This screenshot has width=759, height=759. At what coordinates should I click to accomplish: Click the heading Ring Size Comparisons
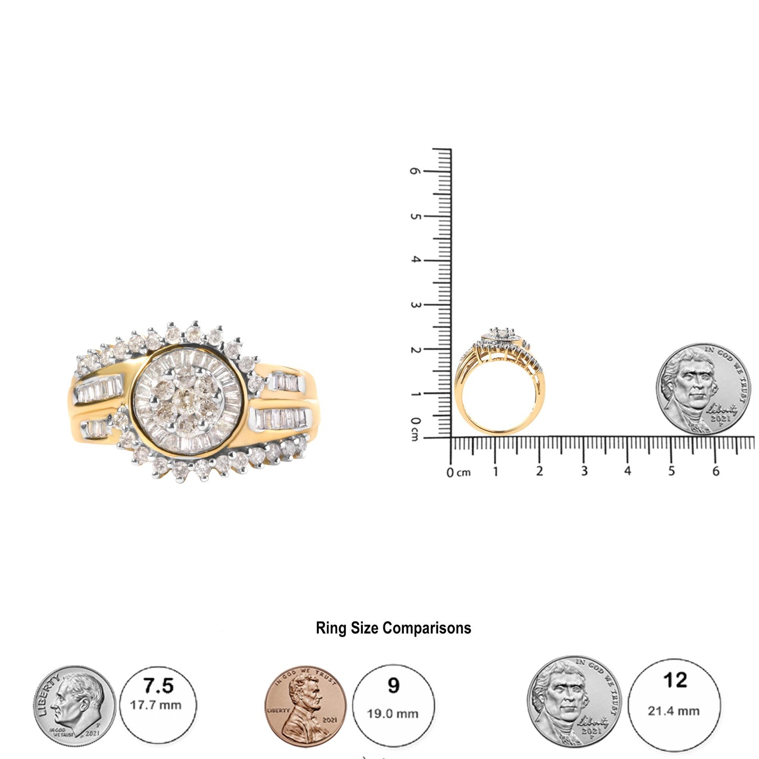click(x=393, y=628)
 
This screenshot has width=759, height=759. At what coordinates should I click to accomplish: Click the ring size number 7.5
click(x=158, y=686)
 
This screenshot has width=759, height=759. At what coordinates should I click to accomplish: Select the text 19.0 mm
click(x=393, y=714)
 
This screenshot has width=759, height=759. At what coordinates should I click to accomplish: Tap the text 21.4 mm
click(x=673, y=711)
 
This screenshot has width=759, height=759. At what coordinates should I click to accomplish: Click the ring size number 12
click(x=675, y=681)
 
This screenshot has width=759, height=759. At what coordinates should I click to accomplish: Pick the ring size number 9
click(x=393, y=685)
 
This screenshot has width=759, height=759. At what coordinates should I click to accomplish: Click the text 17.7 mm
click(x=156, y=705)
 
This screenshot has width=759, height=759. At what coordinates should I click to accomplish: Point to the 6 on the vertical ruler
click(x=415, y=171)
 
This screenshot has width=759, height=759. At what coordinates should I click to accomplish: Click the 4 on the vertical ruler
click(x=415, y=259)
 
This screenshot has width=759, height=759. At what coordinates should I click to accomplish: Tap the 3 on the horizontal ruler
click(x=584, y=471)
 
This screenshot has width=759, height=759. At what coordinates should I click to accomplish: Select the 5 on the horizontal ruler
click(x=672, y=471)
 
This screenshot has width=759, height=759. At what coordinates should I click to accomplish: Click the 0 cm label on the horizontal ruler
click(x=458, y=472)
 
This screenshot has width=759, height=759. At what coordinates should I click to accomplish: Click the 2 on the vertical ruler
click(x=415, y=349)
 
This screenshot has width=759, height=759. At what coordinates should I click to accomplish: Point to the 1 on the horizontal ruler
click(x=495, y=471)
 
